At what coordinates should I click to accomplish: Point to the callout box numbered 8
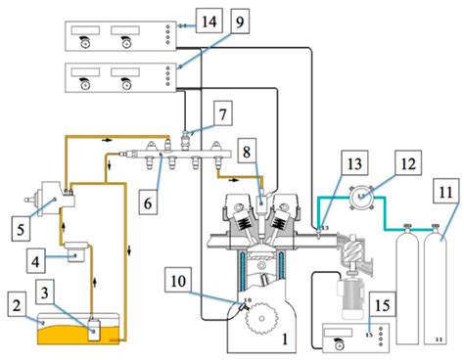(248, 153)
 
